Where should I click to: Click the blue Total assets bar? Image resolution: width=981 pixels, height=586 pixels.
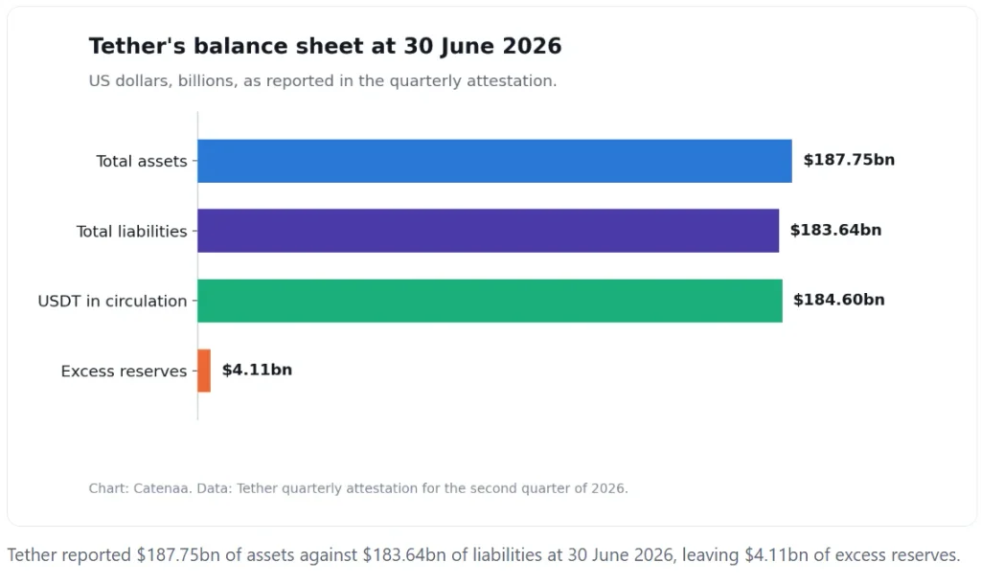coord(494,161)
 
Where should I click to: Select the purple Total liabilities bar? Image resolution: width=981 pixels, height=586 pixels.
coord(488,231)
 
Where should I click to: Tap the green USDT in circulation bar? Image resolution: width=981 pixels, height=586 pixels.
coord(490,301)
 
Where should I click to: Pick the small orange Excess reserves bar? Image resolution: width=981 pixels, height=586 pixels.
coord(204,371)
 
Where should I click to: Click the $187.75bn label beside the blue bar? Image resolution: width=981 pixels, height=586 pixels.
coord(849,160)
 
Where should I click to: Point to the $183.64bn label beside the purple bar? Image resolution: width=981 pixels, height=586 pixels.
coord(835,230)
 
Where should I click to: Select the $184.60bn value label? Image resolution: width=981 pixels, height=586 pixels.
coord(839,301)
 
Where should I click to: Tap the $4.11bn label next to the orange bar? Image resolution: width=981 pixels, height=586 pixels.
coord(257,371)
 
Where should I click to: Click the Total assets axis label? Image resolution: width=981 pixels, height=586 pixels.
coord(142,162)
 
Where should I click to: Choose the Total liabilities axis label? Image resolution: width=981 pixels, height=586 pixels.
coord(131,232)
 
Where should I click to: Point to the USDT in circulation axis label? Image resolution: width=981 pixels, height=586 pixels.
coord(113,302)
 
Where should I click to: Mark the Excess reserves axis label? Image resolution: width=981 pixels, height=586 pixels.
coord(124,372)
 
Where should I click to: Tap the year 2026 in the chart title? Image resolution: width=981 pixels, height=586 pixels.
coord(532,46)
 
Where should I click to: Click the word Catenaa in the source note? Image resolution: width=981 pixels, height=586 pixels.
coord(163,488)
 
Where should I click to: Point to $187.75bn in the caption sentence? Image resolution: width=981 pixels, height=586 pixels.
coord(178,555)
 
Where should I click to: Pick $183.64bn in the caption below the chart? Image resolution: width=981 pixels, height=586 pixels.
coord(404,555)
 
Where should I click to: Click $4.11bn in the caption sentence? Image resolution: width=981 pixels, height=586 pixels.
coord(776,555)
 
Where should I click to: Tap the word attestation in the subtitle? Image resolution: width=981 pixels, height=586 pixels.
coord(511,81)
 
